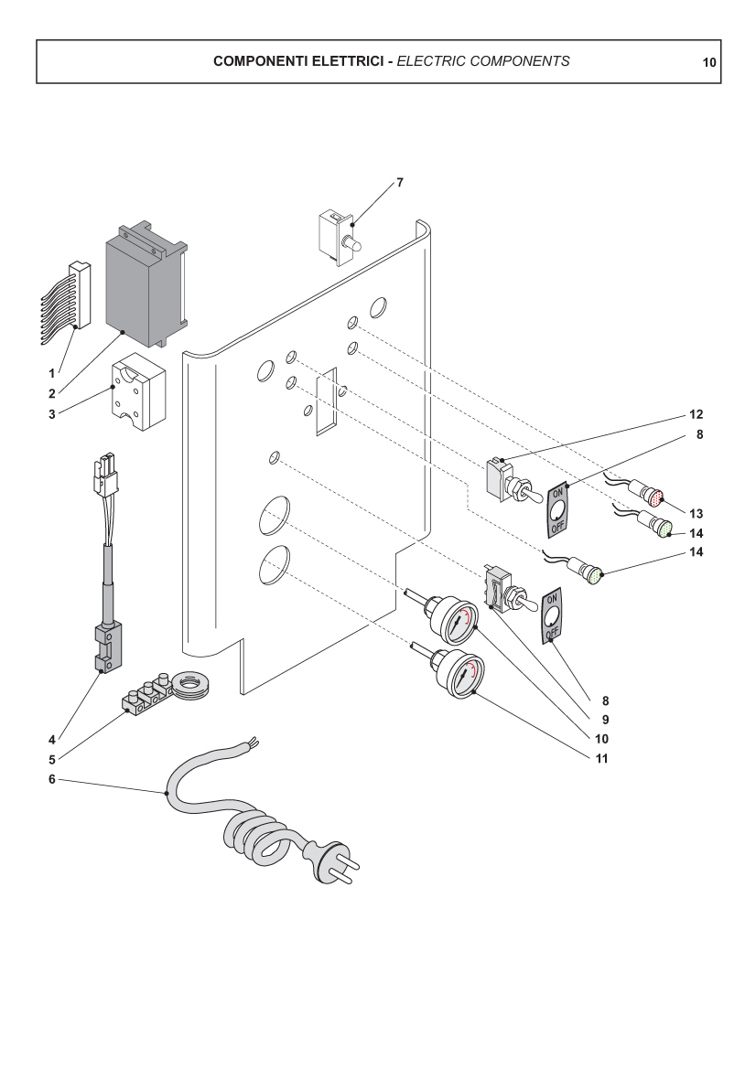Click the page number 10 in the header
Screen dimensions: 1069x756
click(708, 63)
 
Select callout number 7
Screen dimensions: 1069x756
click(399, 183)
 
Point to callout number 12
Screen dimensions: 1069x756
click(696, 414)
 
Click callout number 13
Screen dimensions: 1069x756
click(696, 512)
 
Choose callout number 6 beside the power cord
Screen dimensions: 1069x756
click(52, 779)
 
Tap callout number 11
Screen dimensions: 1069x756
click(602, 758)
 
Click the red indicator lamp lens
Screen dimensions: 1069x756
click(654, 498)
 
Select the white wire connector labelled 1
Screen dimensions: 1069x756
click(80, 294)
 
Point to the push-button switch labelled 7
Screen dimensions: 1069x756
click(336, 237)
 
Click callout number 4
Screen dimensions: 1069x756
click(52, 739)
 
